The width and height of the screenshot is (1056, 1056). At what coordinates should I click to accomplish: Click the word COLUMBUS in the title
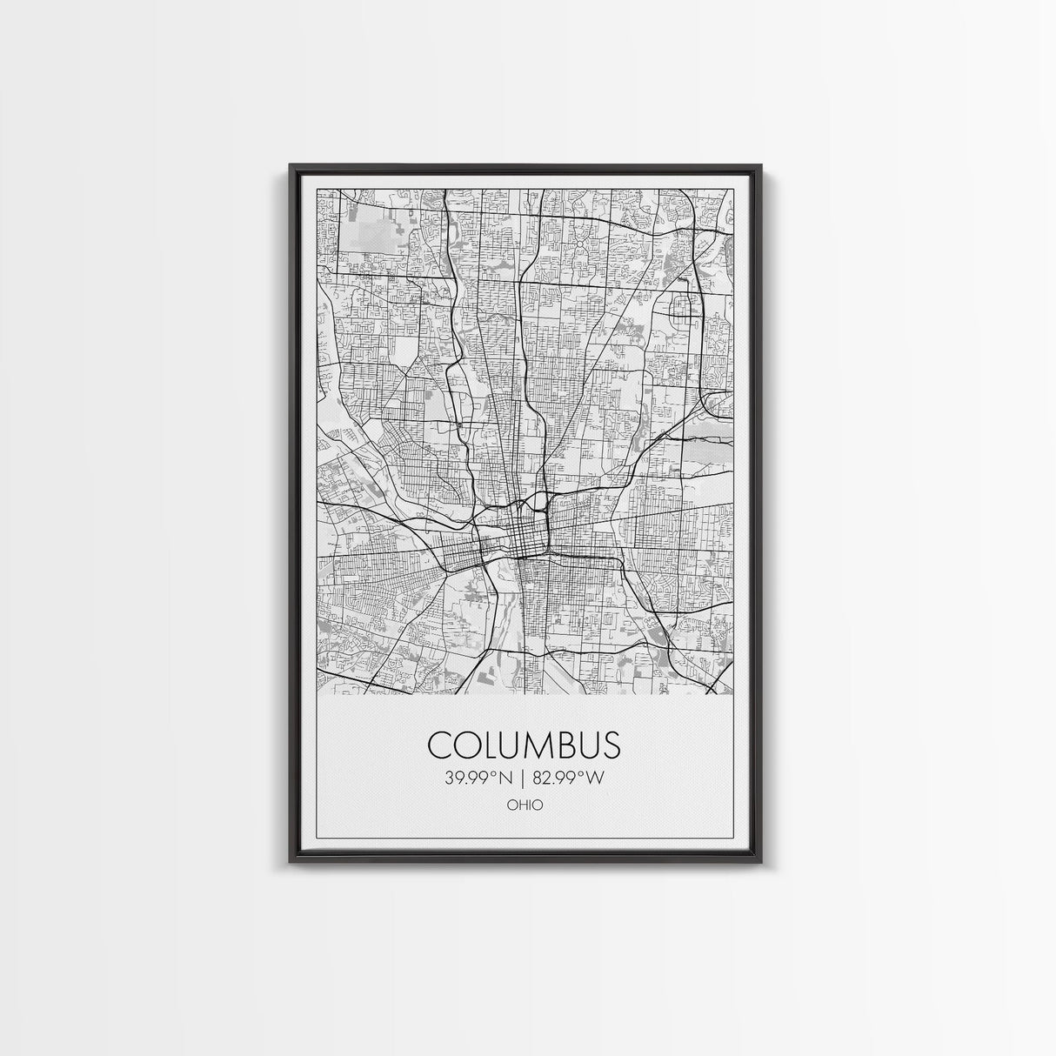[525, 745]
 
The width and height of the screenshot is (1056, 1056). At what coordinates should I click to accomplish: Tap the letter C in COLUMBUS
[439, 745]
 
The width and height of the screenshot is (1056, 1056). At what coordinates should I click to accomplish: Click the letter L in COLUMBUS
[490, 745]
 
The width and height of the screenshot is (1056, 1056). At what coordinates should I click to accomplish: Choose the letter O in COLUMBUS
[465, 745]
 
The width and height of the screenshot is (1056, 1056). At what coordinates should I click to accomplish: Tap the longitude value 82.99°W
[566, 778]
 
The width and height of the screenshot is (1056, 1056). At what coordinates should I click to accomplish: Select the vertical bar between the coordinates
[524, 778]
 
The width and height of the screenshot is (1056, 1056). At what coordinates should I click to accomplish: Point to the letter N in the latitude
[511, 778]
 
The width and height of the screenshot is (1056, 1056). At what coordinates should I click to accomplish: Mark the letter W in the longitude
[594, 778]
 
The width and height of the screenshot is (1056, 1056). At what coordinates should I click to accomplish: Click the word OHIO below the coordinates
[525, 805]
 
